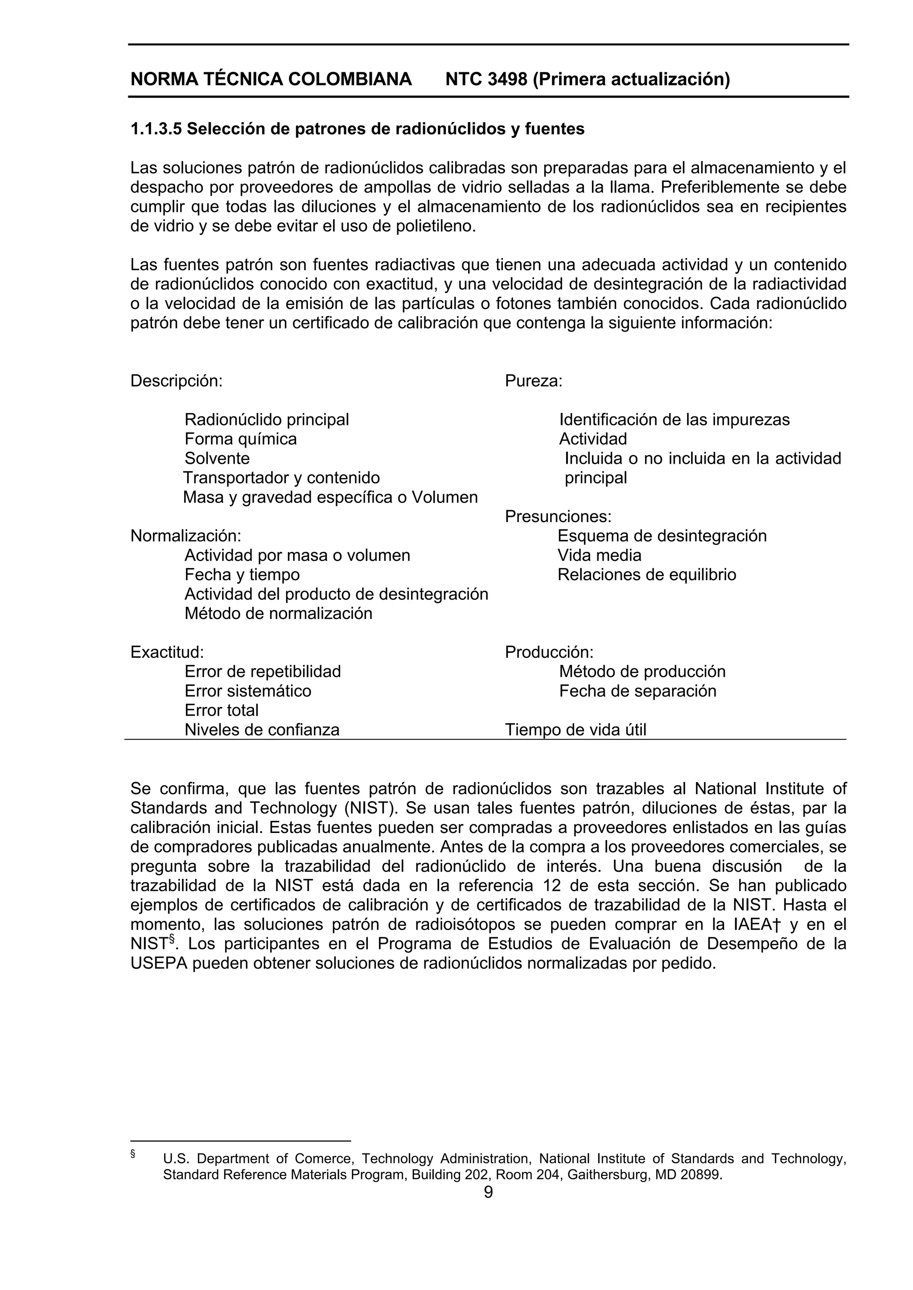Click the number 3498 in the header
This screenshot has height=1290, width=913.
[x=507, y=79]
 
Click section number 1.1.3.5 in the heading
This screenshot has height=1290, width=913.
[x=156, y=129]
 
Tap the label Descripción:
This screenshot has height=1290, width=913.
[x=177, y=381]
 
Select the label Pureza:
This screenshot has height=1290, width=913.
[x=534, y=381]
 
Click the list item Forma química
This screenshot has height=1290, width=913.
[x=241, y=439]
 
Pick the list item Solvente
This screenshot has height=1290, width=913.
[x=217, y=458]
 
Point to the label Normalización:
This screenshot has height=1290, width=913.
[x=185, y=536]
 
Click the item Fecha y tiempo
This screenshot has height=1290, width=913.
[x=242, y=575]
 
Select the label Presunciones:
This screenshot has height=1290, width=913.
[x=558, y=516]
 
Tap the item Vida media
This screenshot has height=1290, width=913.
[x=599, y=555]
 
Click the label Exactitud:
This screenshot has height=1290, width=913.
[x=167, y=652]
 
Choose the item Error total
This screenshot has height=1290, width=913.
[x=222, y=710]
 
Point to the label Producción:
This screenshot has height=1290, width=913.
[x=549, y=652]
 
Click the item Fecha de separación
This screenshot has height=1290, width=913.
[x=637, y=691]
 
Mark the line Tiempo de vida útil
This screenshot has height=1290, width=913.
[x=575, y=730]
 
